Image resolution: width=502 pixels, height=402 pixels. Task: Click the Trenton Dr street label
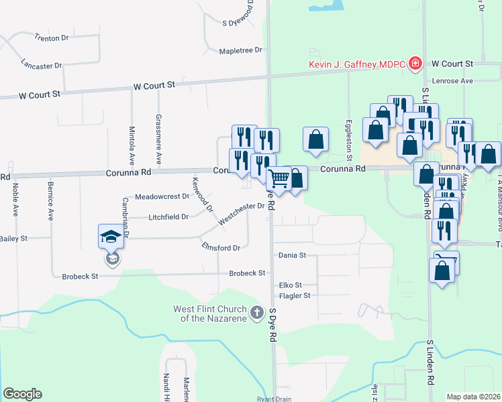[52, 38]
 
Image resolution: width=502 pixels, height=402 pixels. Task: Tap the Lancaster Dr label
[42, 66]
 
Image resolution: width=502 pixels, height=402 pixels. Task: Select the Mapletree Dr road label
[241, 50]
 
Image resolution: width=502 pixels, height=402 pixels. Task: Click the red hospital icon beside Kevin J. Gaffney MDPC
[416, 64]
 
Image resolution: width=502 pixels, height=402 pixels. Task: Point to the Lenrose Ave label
[453, 80]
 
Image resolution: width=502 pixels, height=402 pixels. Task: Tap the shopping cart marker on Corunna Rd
[278, 179]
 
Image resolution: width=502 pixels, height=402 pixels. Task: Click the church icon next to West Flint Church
[256, 312]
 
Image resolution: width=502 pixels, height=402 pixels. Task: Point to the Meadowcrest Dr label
[162, 197]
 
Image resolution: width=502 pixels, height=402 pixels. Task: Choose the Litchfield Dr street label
[169, 217]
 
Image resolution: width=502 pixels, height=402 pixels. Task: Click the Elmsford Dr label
[221, 247]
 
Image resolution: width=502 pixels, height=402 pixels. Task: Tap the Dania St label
[292, 255]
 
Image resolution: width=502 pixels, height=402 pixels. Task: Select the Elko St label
[290, 285]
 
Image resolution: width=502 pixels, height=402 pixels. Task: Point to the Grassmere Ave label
[158, 139]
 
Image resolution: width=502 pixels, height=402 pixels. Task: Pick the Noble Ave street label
[15, 200]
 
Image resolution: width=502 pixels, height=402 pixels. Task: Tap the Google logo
[22, 394]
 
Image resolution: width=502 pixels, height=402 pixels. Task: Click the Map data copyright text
[473, 397]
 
